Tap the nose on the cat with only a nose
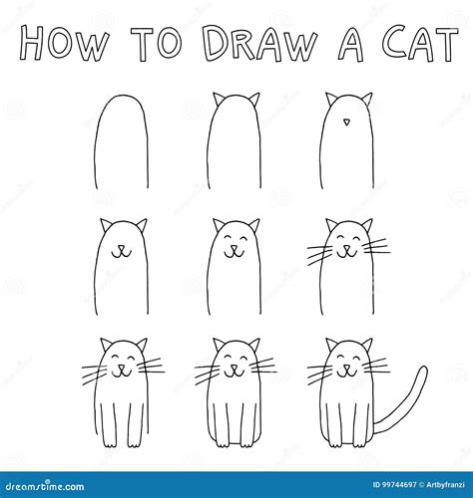point(347,124)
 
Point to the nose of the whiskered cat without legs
point(347,247)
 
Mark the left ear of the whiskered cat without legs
point(330,225)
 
